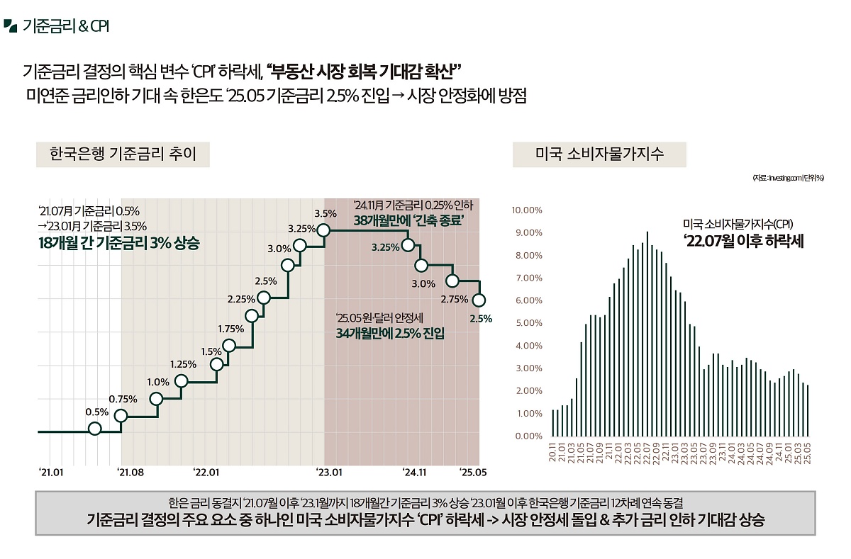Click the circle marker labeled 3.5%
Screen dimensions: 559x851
point(324,230)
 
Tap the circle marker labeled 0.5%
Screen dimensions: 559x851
point(95,429)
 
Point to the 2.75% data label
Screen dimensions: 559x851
point(454,299)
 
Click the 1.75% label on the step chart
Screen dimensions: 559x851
point(231,329)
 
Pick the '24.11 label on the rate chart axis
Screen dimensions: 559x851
point(415,472)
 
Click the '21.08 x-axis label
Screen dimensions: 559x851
point(130,472)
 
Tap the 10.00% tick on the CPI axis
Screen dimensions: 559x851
point(526,210)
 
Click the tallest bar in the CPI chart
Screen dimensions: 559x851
point(647,333)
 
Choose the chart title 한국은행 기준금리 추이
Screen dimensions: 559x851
point(123,154)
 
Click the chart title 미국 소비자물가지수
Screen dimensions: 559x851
point(599,154)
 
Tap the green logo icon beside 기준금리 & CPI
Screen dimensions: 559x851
point(10,26)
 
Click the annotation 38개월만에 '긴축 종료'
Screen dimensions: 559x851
point(408,220)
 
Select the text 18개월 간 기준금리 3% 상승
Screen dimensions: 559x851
point(119,243)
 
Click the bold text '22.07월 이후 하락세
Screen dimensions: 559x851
point(743,241)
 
